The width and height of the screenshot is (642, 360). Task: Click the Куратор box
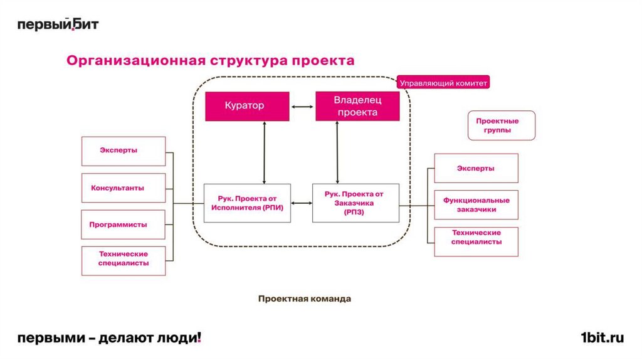(247, 106)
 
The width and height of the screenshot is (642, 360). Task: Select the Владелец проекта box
(357, 106)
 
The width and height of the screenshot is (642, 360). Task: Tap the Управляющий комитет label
(443, 82)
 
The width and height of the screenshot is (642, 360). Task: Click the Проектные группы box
(501, 125)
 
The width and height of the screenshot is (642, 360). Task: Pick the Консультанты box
(124, 188)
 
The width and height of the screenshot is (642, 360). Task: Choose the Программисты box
(124, 225)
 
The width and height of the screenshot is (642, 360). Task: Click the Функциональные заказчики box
(476, 205)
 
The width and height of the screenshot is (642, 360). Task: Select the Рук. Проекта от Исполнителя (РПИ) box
(248, 203)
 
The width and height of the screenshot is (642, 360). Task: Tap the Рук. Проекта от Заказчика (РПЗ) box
(355, 203)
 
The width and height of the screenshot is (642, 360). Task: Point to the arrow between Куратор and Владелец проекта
(302, 106)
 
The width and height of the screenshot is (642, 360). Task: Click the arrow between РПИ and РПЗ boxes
(302, 203)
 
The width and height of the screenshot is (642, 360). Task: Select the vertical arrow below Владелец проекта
(338, 152)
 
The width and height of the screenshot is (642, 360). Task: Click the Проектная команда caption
(305, 299)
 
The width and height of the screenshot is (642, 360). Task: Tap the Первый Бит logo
(58, 24)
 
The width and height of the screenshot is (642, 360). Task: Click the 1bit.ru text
(602, 338)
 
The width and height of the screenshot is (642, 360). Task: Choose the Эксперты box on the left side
(124, 151)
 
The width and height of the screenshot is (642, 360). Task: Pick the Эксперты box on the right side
(476, 168)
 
